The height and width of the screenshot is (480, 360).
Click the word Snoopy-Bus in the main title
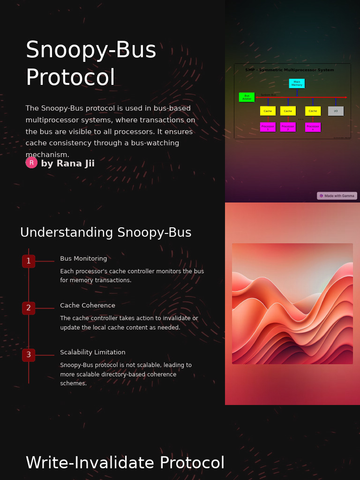pos(91,50)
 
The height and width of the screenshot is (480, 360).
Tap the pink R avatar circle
pos(31,163)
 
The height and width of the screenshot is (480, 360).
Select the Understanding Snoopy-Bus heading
pos(105,232)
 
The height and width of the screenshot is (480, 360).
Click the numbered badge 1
pos(29,261)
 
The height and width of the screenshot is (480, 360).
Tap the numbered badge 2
pos(29,308)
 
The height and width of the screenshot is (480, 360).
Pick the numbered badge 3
pos(29,355)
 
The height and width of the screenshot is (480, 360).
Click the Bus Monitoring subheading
pos(83,259)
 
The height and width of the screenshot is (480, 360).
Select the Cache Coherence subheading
pos(88,306)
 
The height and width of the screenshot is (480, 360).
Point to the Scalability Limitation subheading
pos(93,352)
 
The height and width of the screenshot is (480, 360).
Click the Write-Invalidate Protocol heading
pos(125,463)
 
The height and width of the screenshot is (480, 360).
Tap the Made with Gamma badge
pos(337,196)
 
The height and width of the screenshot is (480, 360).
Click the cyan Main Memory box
pos(297,83)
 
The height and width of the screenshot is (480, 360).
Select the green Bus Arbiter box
pos(247,97)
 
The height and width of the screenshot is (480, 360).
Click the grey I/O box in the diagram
pos(336,111)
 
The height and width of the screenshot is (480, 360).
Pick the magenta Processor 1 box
pos(268,127)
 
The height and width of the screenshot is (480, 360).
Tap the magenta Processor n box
pos(313,127)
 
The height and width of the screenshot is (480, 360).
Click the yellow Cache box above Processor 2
pos(288,111)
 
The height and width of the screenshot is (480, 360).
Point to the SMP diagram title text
pos(290,70)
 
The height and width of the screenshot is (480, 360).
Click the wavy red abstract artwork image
pos(292,303)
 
